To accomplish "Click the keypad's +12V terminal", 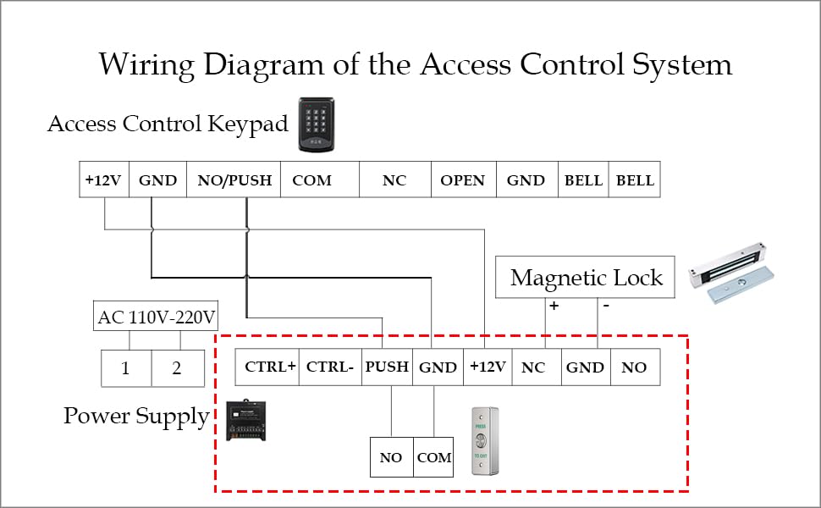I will (x=103, y=180).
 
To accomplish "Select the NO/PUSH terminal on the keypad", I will (x=234, y=180).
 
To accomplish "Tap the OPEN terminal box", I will (x=463, y=180).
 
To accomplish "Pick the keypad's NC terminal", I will (x=394, y=180).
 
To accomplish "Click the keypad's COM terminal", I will (x=311, y=180).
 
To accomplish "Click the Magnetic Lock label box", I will (x=586, y=277).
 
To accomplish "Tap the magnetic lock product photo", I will (x=732, y=275).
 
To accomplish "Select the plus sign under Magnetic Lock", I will (x=554, y=306).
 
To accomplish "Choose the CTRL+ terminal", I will (x=270, y=367).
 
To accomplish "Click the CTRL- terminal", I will (x=330, y=367).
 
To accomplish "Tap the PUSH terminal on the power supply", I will (x=387, y=367).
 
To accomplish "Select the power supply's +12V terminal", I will (x=488, y=367).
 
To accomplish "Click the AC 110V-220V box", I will (x=157, y=317).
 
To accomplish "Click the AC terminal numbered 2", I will (x=178, y=368).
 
